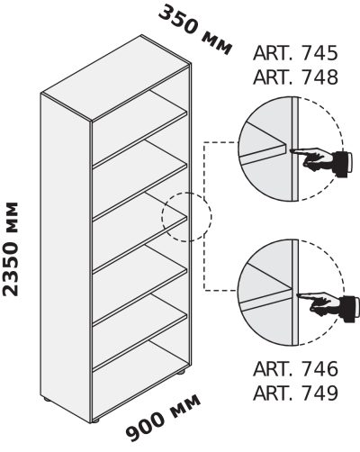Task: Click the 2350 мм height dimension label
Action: click(10, 249)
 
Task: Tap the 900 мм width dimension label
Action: click(163, 418)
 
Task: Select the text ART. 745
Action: click(295, 53)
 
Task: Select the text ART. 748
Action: click(295, 77)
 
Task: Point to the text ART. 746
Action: click(295, 369)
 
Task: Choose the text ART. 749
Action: click(295, 393)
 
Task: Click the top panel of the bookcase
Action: click(115, 78)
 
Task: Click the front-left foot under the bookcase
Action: click(46, 400)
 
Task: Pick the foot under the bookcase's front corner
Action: click(95, 420)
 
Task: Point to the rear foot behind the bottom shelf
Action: click(180, 374)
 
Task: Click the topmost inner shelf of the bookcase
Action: click(139, 129)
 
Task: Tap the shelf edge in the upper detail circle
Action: click(263, 155)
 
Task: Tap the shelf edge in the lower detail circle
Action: click(266, 301)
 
